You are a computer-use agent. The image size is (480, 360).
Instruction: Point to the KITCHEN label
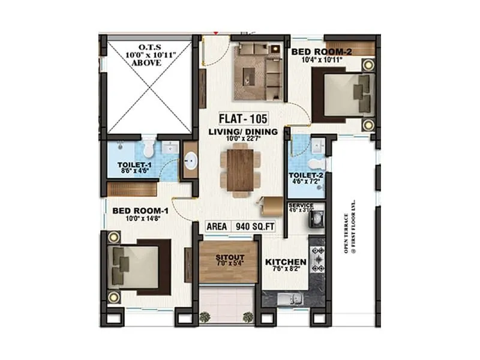tap(286, 262)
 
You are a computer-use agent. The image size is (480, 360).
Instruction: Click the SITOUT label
tap(228, 258)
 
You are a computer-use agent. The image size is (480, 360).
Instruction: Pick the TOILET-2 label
tap(309, 175)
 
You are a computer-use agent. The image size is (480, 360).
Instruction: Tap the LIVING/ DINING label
tap(243, 132)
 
